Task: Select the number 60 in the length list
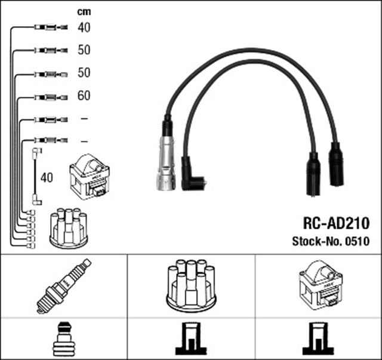[84, 95]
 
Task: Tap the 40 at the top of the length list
[84, 27]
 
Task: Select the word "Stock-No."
[316, 242]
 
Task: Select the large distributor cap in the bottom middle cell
[191, 285]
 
